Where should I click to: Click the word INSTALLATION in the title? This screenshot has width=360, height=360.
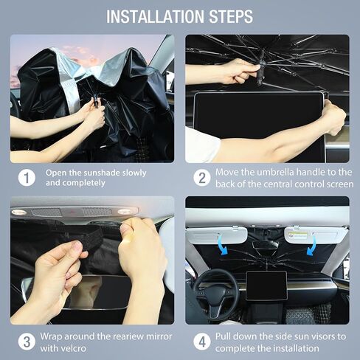156,17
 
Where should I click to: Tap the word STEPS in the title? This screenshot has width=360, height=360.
231,17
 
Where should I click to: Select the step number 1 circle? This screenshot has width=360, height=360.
27,178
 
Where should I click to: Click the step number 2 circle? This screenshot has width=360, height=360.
202,178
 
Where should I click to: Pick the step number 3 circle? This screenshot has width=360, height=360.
27,342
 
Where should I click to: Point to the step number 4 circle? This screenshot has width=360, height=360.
202,342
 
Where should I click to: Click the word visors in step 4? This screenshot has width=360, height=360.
323,336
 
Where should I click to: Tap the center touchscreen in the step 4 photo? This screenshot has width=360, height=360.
266,285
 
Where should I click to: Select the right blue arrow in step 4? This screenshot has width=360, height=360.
311,246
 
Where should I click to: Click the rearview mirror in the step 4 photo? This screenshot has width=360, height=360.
266,245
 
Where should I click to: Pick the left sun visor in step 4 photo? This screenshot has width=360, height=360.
216,235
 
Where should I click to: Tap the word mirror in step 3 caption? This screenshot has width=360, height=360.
159,336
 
